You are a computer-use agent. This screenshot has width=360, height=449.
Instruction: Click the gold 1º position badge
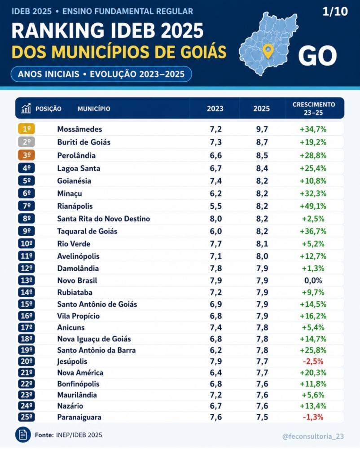tap(26, 129)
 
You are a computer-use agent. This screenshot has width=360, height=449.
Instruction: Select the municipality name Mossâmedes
tap(79, 129)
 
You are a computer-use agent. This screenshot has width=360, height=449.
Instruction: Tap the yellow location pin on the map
tap(268, 51)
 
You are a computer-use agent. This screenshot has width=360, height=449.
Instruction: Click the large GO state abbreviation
tap(317, 56)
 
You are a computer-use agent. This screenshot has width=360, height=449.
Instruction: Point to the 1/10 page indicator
tap(335, 12)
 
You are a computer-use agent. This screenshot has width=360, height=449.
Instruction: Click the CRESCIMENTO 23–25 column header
tap(314, 109)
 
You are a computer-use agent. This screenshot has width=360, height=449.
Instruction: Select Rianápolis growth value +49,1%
tap(313, 206)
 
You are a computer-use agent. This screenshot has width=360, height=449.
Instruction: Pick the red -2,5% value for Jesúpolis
tap(313, 361)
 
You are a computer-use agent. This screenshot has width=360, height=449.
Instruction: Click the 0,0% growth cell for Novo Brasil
tap(313, 281)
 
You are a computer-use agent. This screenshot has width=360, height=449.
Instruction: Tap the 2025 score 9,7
tap(262, 129)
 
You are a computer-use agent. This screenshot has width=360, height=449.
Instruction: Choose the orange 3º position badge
tap(26, 155)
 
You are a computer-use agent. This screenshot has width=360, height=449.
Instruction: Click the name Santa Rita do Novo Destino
tap(104, 219)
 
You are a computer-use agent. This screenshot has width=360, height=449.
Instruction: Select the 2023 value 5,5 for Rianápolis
tap(216, 206)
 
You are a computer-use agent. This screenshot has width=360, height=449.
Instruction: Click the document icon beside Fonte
tap(23, 435)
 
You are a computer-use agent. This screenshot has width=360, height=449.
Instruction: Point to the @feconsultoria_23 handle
tap(313, 436)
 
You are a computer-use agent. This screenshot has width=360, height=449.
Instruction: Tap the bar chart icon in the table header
tap(26, 108)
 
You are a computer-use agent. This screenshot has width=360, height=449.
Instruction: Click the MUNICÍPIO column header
tap(94, 109)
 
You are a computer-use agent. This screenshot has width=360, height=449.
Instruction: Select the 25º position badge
tap(26, 417)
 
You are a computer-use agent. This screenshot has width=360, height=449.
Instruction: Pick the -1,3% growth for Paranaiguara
tap(313, 417)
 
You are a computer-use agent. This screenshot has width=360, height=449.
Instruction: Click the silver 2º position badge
tap(26, 142)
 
